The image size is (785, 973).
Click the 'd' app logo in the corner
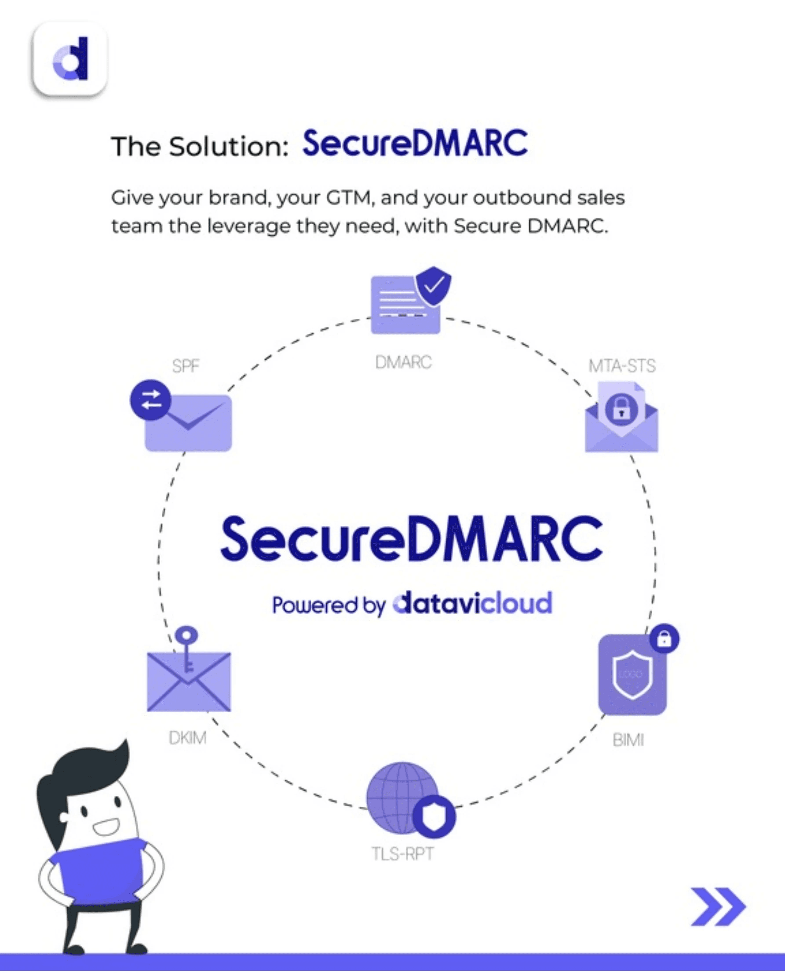pos(70,59)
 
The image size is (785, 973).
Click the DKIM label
pos(187,738)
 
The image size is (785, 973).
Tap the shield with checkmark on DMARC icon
pos(434,286)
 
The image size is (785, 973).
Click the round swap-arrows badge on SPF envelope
pos(150,400)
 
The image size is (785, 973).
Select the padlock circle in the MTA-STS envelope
pos(621,410)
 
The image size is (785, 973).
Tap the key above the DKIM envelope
pos(187,647)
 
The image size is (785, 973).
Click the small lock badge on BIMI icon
pos(664,639)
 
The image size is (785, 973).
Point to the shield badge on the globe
pos(434,816)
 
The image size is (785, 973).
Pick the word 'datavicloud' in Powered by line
pos(472,604)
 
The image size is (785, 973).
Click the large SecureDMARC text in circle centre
pos(412,539)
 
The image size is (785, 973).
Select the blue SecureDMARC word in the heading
pos(415,144)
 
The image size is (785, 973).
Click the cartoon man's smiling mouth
pos(107,827)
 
